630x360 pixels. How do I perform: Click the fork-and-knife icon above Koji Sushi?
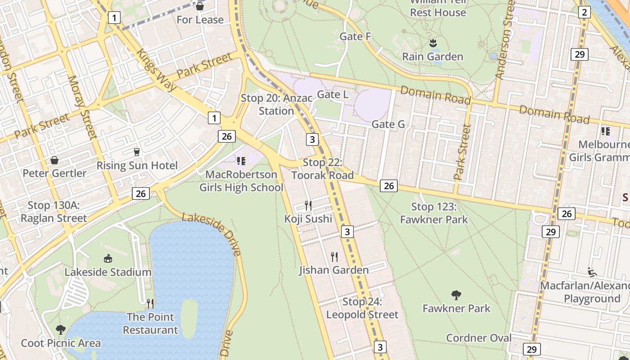[x=308, y=206]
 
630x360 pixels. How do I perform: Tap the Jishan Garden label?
[x=334, y=270]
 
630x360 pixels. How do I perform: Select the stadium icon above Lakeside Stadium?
[x=108, y=258]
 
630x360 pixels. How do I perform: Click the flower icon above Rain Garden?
[x=432, y=43]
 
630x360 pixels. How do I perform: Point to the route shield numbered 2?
[x=584, y=12]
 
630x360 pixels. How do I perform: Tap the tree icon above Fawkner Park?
[x=456, y=295]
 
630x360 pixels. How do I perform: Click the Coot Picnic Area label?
[x=61, y=343]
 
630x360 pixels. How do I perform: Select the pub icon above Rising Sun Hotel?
[x=137, y=152]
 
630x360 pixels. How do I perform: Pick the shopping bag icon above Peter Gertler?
[x=54, y=160]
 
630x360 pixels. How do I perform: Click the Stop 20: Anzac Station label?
[x=276, y=104]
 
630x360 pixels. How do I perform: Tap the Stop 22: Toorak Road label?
[x=323, y=169]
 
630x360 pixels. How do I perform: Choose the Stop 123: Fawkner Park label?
[x=434, y=213]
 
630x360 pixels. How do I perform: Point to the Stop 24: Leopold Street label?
[x=362, y=308]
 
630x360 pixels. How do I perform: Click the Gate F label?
[x=355, y=36]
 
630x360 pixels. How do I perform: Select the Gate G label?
[x=388, y=124]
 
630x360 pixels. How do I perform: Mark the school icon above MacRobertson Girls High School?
[x=241, y=161]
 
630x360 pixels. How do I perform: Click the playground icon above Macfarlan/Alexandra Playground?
[x=592, y=272]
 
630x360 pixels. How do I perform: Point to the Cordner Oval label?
[x=479, y=338]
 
